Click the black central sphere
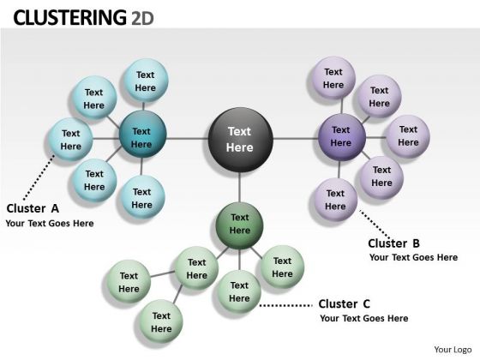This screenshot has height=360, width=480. (x=240, y=140)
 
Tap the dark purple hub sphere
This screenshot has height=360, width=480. (x=342, y=137)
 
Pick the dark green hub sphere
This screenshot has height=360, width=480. (x=239, y=225)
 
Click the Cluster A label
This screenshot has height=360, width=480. (x=33, y=208)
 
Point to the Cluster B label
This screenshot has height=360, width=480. (x=393, y=243)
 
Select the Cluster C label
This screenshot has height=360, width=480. (x=344, y=304)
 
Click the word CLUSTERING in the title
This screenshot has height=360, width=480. (x=69, y=17)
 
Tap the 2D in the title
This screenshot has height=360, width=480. (x=142, y=18)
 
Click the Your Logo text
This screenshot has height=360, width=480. (x=453, y=350)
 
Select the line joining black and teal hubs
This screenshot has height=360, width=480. (x=188, y=139)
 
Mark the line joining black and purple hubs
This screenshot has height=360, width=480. (x=296, y=139)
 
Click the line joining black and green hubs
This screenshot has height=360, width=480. (x=240, y=187)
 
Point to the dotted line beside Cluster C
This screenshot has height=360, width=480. (x=286, y=305)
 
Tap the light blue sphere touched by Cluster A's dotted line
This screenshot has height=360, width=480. (x=70, y=140)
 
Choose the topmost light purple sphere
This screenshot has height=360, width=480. (x=333, y=78)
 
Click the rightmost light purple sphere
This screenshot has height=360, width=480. (x=408, y=136)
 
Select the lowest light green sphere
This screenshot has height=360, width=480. (x=161, y=321)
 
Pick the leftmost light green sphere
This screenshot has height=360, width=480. (x=129, y=282)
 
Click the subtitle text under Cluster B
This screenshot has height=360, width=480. (x=413, y=257)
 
